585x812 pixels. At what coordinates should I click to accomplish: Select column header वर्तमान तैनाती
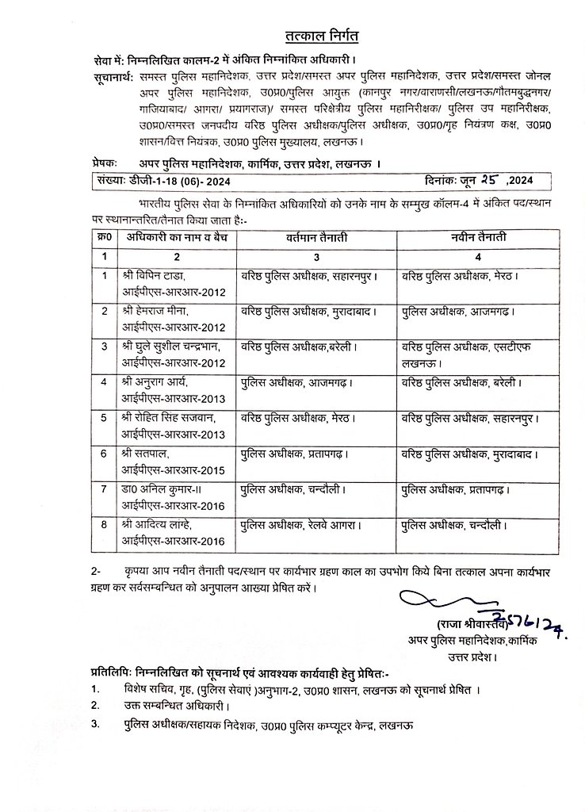316,238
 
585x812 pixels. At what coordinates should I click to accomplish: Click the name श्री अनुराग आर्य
155,382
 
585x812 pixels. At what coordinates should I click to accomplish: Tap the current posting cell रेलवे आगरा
304,524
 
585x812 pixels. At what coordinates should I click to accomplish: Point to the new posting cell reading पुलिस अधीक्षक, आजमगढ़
457,312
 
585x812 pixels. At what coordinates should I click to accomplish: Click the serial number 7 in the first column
103,488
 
